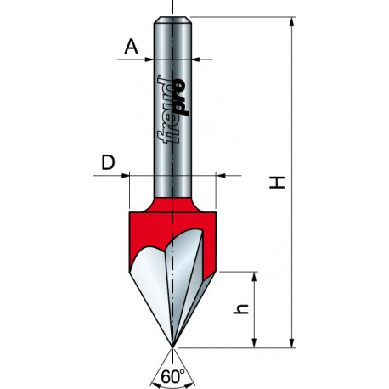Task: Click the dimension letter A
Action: [130, 48]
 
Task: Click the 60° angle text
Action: [173, 375]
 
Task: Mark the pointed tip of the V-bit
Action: [173, 347]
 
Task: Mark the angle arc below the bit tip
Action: [173, 364]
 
